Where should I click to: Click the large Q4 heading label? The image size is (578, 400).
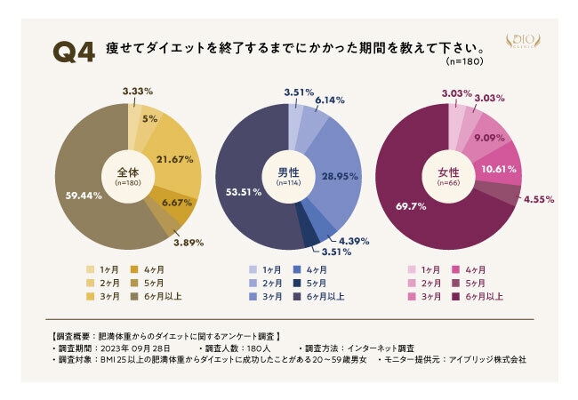coord(74,52)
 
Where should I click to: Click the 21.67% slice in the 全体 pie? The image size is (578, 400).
coord(174,160)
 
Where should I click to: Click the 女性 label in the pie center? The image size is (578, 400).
coord(447,172)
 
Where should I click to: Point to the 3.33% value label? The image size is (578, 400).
coord(138,91)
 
